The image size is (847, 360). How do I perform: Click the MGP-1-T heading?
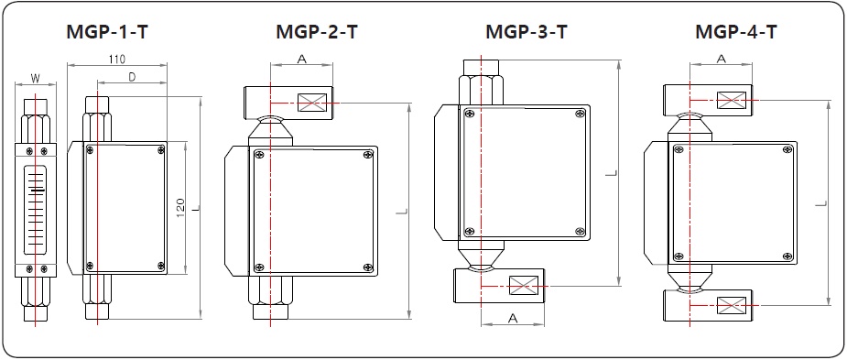(x=107, y=32)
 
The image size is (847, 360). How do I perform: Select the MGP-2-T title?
(x=317, y=32)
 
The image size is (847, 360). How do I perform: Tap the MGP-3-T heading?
(x=527, y=32)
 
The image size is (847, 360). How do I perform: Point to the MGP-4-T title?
(x=735, y=32)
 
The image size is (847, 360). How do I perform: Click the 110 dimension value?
(x=116, y=59)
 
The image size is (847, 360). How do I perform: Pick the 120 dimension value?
(x=180, y=205)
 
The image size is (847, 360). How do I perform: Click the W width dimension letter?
(x=35, y=79)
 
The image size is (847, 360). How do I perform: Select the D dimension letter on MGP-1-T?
(x=132, y=77)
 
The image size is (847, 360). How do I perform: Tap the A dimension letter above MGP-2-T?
(x=302, y=59)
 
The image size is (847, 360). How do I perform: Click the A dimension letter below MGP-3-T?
(x=513, y=319)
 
